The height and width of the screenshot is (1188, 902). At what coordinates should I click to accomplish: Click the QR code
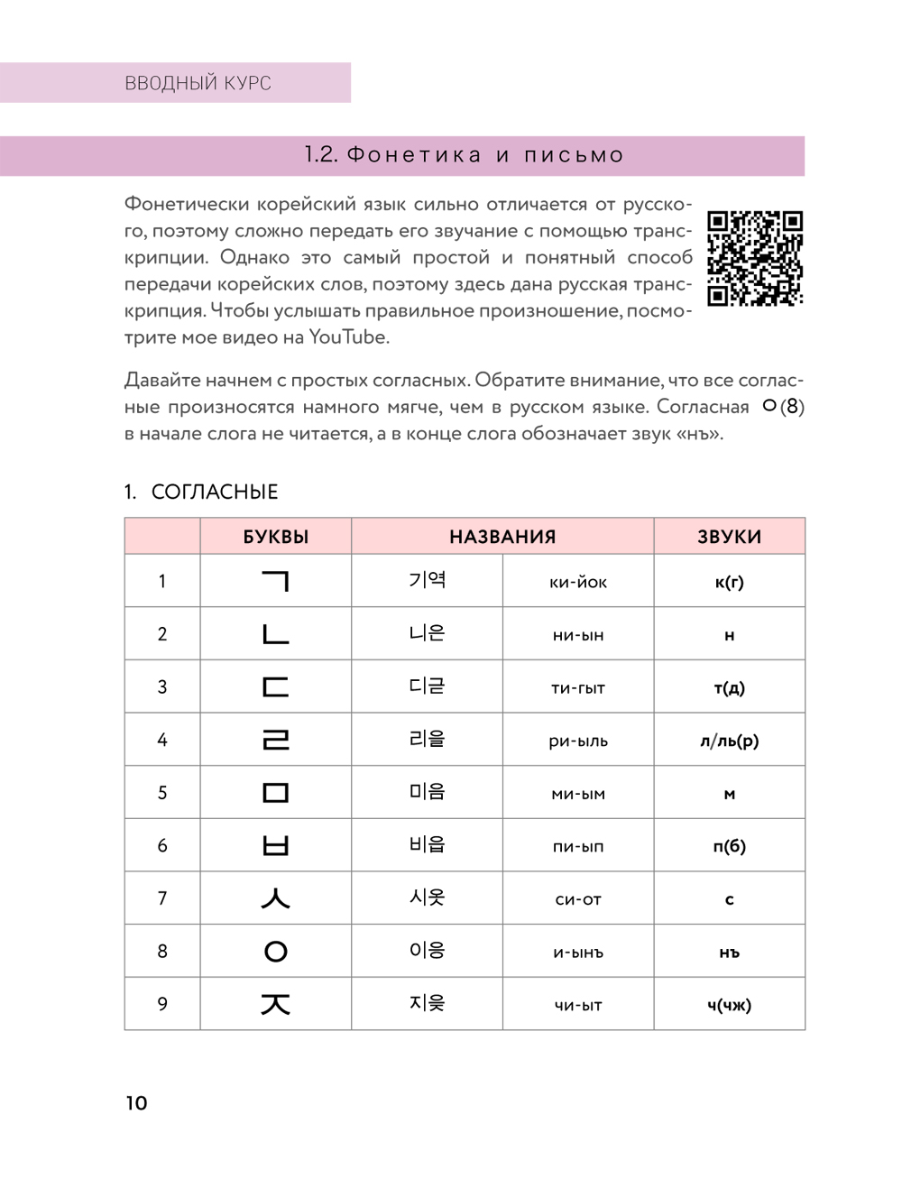pyautogui.click(x=754, y=259)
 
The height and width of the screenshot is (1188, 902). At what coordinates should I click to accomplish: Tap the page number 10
pyautogui.click(x=136, y=1102)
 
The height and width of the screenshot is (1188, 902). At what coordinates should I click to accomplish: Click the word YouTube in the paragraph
pyautogui.click(x=348, y=337)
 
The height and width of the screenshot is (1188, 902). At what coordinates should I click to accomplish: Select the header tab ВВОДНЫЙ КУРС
pyautogui.click(x=198, y=83)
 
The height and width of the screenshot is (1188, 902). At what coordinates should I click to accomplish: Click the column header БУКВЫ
pyautogui.click(x=276, y=537)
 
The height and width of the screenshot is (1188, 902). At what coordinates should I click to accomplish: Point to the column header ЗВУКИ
pyautogui.click(x=729, y=537)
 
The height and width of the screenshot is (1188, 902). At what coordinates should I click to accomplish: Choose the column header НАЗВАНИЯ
pyautogui.click(x=502, y=537)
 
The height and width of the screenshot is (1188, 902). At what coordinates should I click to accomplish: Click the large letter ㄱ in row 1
pyautogui.click(x=276, y=581)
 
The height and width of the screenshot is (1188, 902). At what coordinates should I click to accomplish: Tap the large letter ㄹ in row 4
pyautogui.click(x=276, y=741)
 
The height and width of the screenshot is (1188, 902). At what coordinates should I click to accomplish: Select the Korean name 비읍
pyautogui.click(x=427, y=845)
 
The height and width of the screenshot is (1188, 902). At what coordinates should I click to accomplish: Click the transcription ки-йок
pyautogui.click(x=578, y=583)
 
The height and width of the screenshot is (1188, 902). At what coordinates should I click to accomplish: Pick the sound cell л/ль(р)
pyautogui.click(x=729, y=741)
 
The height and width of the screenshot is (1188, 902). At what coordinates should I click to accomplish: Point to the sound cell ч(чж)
pyautogui.click(x=729, y=1005)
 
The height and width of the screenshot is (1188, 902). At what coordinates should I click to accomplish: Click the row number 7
pyautogui.click(x=162, y=898)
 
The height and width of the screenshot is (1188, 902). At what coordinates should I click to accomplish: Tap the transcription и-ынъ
pyautogui.click(x=578, y=953)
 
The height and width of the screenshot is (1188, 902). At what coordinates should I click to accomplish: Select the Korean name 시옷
pyautogui.click(x=427, y=898)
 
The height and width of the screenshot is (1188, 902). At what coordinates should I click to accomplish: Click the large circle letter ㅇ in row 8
pyautogui.click(x=276, y=952)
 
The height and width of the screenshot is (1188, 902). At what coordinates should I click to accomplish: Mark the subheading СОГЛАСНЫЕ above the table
pyautogui.click(x=215, y=492)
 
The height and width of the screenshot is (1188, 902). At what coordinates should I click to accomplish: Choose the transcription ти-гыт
pyautogui.click(x=578, y=688)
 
